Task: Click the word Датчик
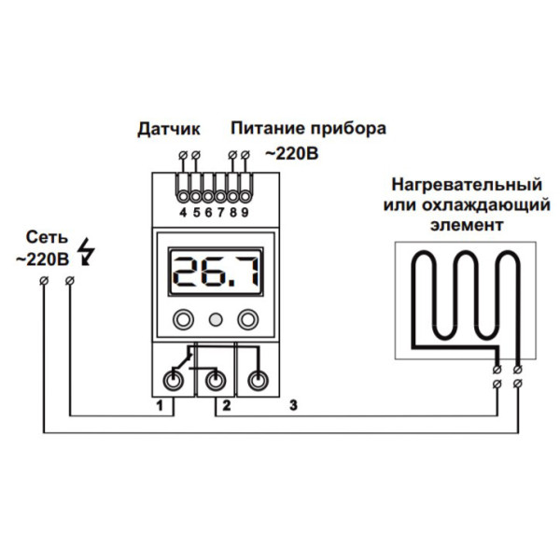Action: (x=169, y=128)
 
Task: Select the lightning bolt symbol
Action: (x=89, y=251)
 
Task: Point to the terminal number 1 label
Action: (x=161, y=406)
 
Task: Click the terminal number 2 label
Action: (x=226, y=406)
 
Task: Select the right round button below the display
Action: (x=247, y=319)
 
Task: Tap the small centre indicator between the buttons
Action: (x=215, y=319)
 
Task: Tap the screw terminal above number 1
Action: (x=175, y=379)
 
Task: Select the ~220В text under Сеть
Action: (x=42, y=259)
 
